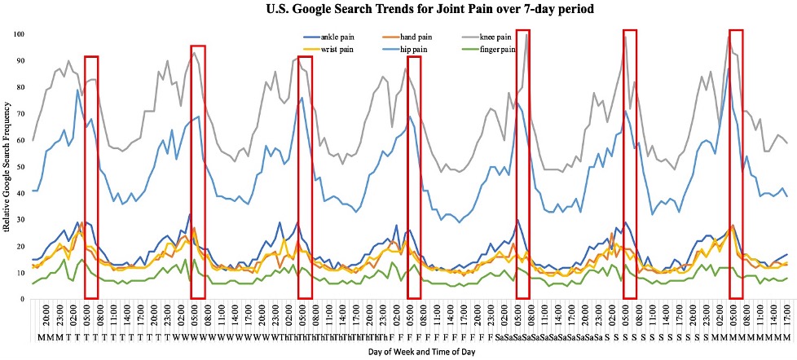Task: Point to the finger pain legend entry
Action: point(497,50)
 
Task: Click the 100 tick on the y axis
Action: point(18,34)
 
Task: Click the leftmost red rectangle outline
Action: point(91,57)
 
